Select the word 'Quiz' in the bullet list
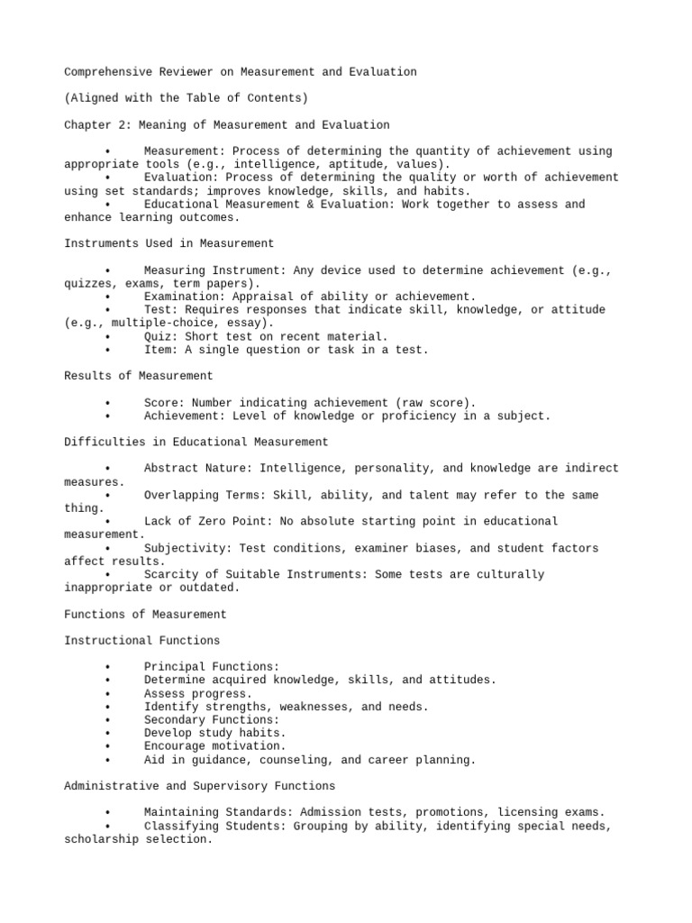(x=158, y=336)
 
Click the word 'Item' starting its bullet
(x=158, y=350)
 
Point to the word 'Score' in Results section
(x=161, y=403)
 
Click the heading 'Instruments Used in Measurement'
(x=169, y=243)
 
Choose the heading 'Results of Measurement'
(x=139, y=376)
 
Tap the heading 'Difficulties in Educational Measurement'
(x=196, y=442)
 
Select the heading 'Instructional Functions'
(x=142, y=641)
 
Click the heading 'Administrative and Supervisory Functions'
(x=200, y=786)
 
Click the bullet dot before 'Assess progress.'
(x=107, y=694)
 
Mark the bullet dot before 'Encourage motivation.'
(x=107, y=747)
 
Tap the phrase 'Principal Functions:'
(x=212, y=667)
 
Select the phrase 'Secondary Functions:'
(x=212, y=720)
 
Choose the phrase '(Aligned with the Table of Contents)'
(x=186, y=98)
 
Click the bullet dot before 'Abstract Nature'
(x=107, y=469)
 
